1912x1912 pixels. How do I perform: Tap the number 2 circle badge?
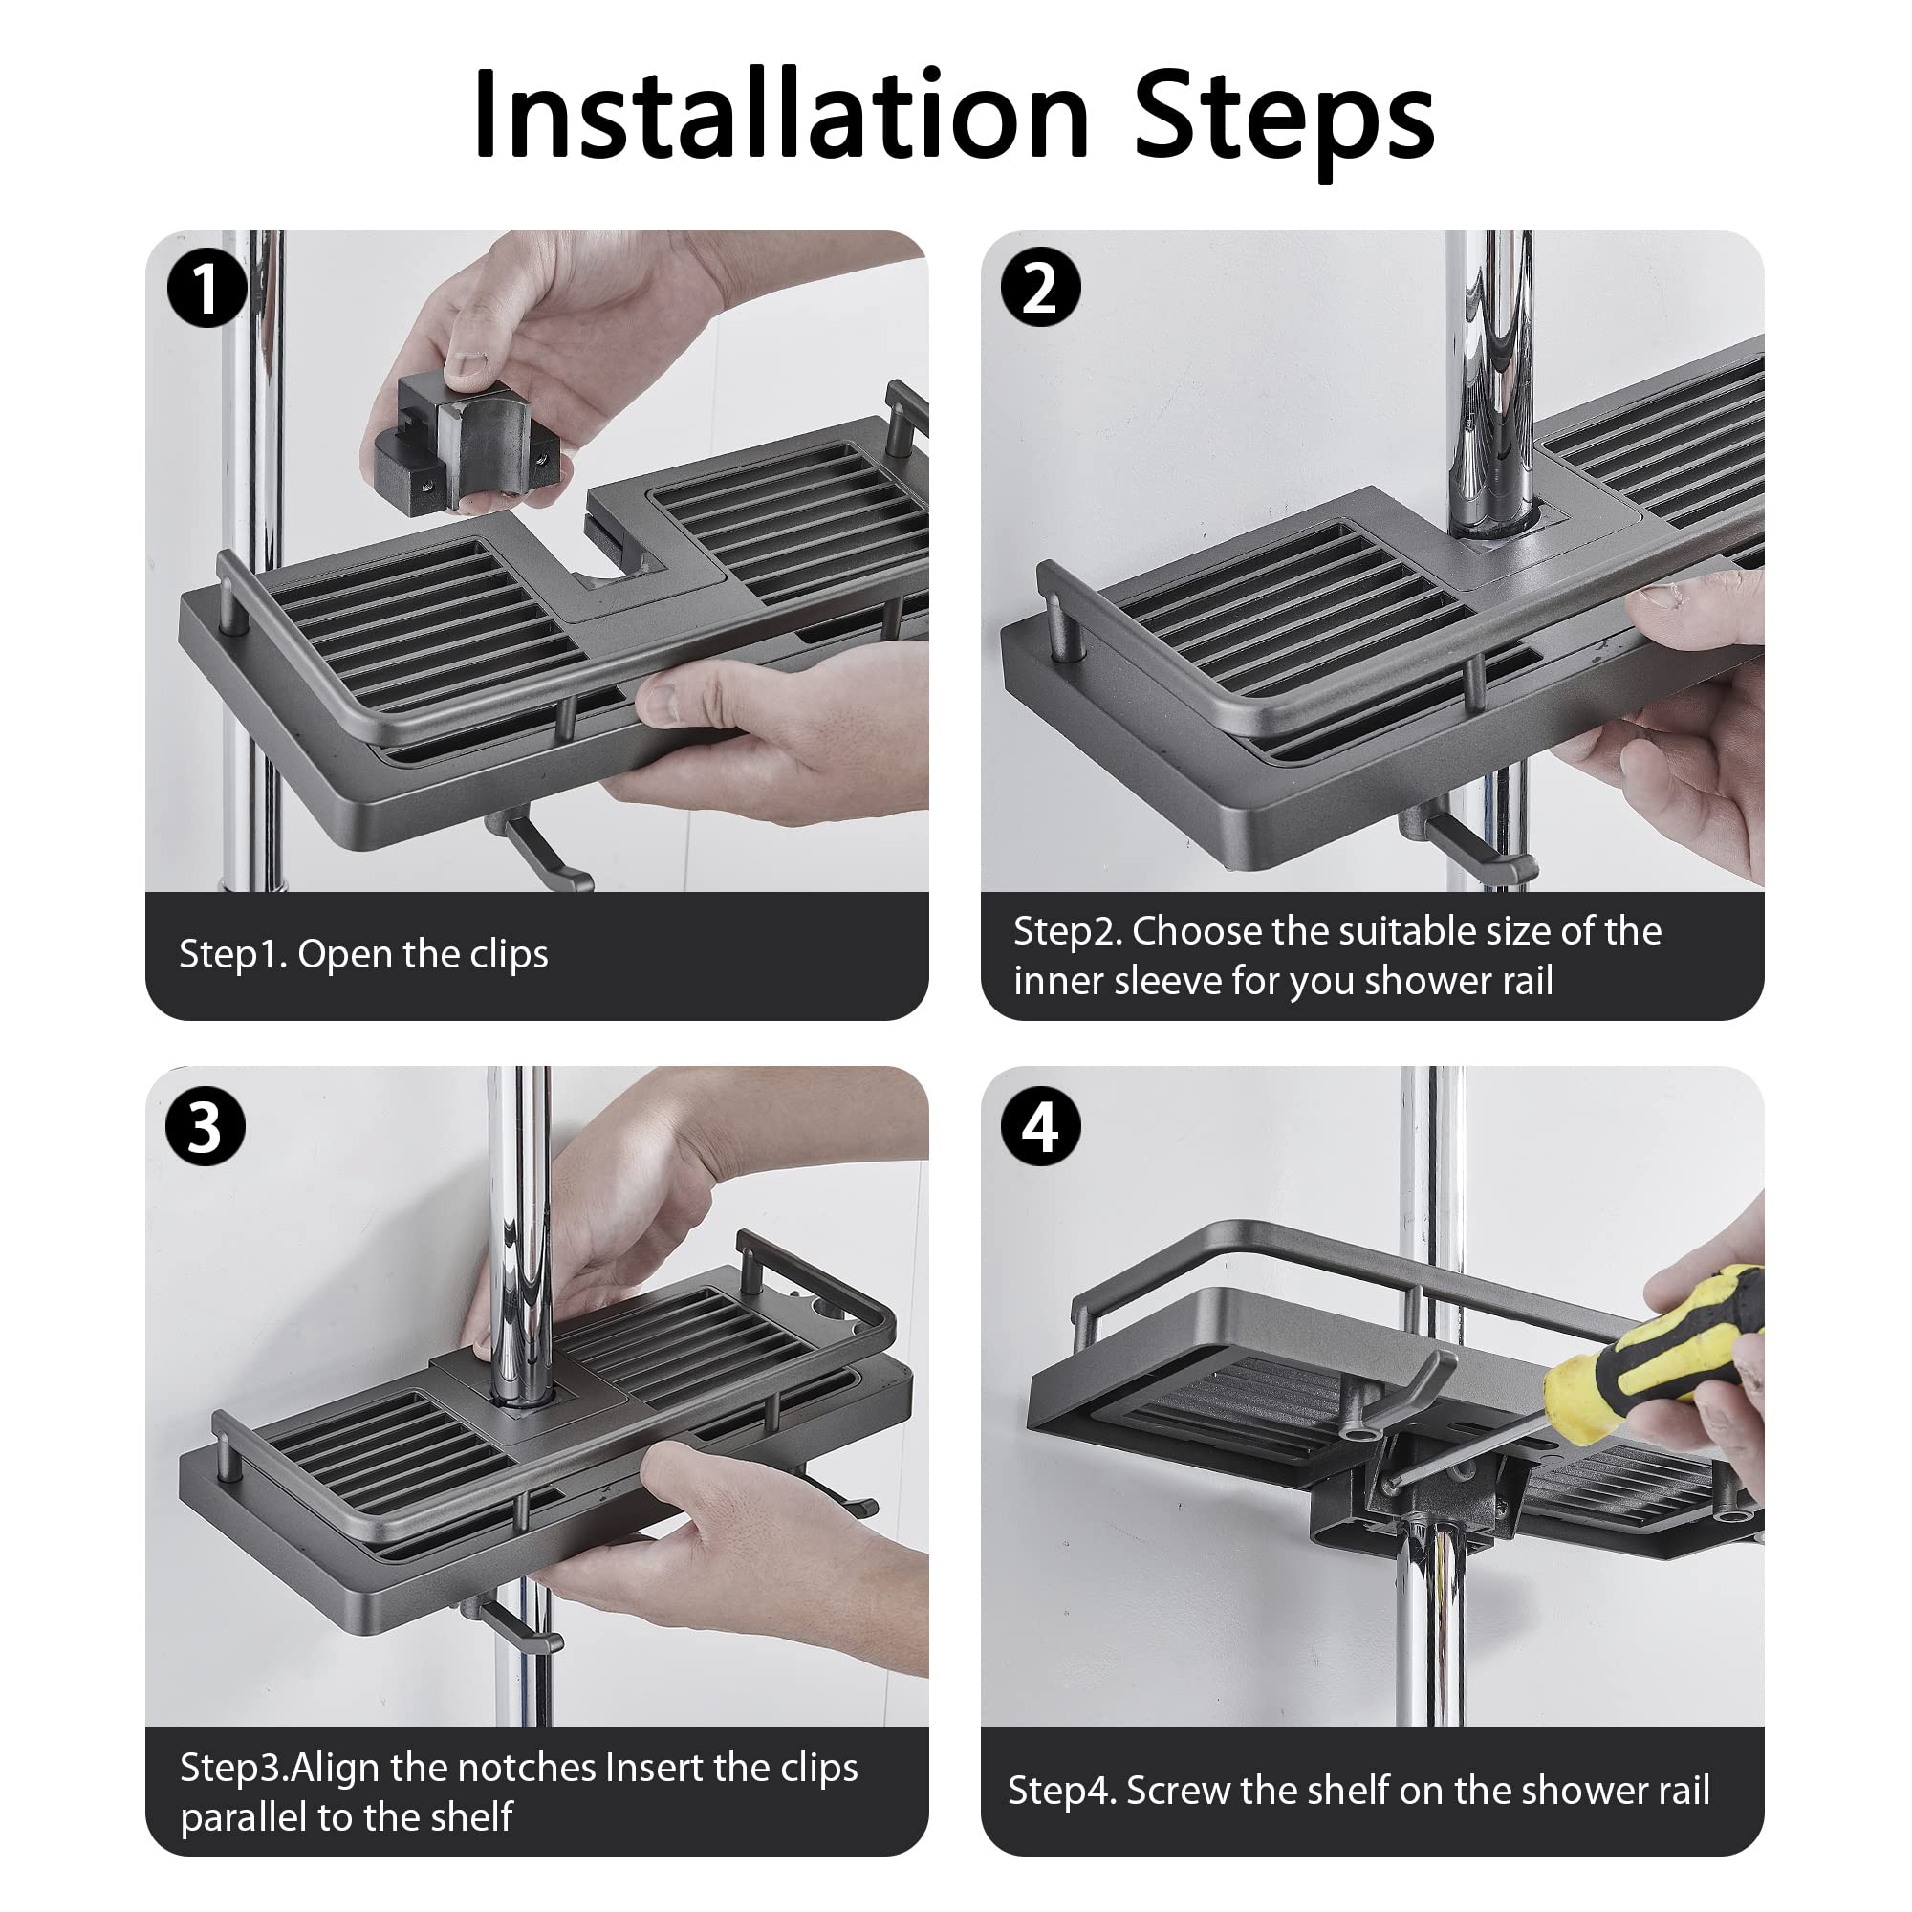(1040, 288)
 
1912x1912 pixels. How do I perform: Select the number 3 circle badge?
(206, 1126)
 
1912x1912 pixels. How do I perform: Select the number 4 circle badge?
(1040, 1126)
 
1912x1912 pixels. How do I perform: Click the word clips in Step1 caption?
(509, 955)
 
